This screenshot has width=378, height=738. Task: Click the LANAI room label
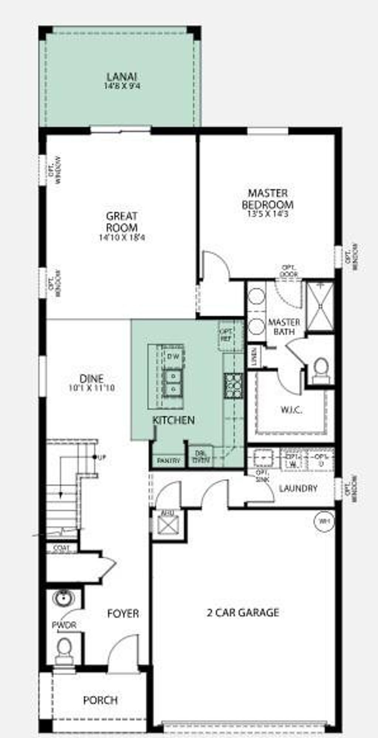122,77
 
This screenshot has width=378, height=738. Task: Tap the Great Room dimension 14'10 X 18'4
122,238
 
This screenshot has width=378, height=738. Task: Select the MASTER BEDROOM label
268,199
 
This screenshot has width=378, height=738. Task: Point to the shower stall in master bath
320,306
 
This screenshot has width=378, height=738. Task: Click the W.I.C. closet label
292,410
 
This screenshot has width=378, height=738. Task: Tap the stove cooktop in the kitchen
233,385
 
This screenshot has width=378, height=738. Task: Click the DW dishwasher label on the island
173,356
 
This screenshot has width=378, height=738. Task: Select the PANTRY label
168,461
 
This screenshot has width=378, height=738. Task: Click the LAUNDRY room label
298,489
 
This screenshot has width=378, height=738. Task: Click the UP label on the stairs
102,458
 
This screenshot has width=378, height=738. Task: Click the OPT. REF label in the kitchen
226,335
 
